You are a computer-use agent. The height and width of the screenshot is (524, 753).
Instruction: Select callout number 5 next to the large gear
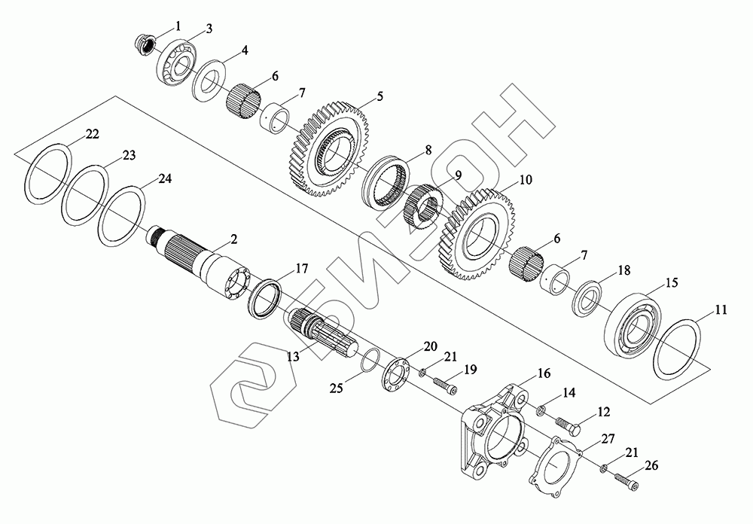380,96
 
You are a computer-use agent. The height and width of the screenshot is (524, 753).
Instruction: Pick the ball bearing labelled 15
634,321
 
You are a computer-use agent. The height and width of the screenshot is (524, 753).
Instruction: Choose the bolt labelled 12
570,429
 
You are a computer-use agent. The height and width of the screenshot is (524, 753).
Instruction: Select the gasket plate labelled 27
557,471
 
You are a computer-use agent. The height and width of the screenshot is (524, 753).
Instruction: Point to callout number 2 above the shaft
233,239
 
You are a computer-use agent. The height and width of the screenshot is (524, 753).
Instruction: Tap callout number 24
165,179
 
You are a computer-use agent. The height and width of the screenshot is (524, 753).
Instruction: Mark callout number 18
623,270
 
